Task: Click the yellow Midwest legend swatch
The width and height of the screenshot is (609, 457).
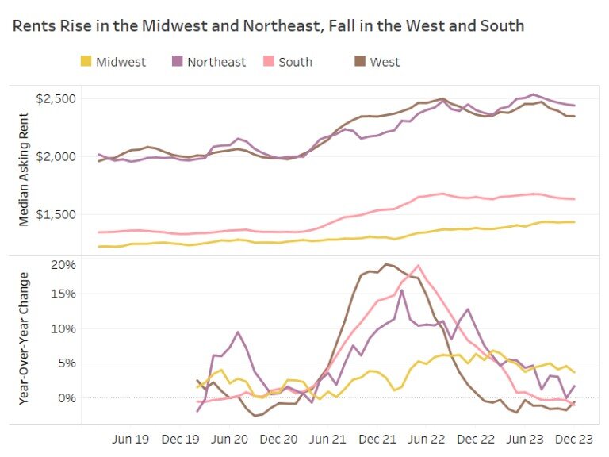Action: tap(86, 61)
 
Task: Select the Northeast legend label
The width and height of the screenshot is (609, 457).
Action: tap(216, 61)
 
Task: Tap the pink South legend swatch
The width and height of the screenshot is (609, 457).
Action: tap(269, 61)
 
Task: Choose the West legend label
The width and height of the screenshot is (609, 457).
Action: tap(385, 61)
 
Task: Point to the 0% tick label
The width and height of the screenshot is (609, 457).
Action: tap(67, 397)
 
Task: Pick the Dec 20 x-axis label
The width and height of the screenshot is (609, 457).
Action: tap(278, 437)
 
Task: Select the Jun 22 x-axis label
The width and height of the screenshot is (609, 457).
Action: tap(426, 437)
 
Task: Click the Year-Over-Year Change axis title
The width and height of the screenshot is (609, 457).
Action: tap(24, 339)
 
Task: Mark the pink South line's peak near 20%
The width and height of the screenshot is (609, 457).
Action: tap(418, 266)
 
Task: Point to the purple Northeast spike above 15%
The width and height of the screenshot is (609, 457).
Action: tap(402, 290)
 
